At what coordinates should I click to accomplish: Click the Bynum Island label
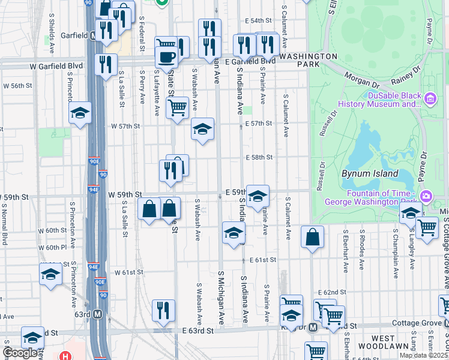tap(370, 173)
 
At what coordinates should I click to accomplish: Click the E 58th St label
tap(259, 157)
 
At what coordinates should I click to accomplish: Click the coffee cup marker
tap(166, 58)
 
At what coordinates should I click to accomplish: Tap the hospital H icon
tap(65, 355)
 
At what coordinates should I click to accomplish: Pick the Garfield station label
tap(74, 35)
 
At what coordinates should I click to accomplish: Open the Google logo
tap(20, 352)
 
